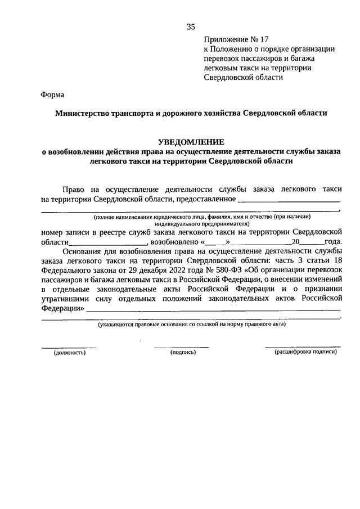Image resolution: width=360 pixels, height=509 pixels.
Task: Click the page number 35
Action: [x=191, y=26]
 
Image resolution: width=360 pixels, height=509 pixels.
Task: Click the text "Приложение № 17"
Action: [x=237, y=39]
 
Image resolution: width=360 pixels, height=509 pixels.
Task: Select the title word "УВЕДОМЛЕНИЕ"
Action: [x=191, y=141]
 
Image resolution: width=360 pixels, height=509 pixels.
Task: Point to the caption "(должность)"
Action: [x=69, y=353]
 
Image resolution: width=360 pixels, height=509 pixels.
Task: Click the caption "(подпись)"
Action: [x=182, y=353]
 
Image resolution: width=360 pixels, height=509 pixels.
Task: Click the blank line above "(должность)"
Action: [x=69, y=347]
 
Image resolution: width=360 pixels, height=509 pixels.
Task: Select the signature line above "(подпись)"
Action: [x=181, y=347]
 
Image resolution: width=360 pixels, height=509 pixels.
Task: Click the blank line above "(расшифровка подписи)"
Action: [x=303, y=346]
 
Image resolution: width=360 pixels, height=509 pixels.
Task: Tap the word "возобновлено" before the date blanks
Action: [x=173, y=242]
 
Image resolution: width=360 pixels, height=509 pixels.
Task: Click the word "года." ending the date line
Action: [x=332, y=242]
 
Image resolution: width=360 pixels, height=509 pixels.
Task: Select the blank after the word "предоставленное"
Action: [x=289, y=200]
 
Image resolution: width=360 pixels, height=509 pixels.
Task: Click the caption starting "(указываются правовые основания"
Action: [x=191, y=325]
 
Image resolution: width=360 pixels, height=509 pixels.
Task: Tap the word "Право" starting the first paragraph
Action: [x=75, y=190]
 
